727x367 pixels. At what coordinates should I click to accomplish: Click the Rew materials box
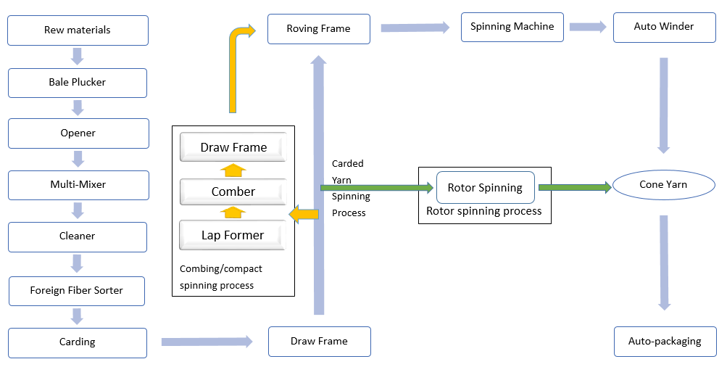78,30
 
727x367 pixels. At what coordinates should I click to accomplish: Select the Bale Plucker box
78,83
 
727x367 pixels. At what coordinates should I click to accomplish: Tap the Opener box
78,133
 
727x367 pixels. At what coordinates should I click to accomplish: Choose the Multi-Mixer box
78,185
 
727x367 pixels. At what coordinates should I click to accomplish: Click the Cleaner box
78,236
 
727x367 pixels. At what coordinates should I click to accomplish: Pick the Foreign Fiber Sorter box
77,290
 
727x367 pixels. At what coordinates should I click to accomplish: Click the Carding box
78,342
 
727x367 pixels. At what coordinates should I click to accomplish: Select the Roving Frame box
318,29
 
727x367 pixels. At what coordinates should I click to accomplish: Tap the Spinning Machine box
512,27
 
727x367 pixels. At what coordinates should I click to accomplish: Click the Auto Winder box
664,27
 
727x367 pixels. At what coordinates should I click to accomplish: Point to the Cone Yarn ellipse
663,185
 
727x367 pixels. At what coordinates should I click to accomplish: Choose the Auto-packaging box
664,342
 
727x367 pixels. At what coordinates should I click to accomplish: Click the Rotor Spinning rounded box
485,188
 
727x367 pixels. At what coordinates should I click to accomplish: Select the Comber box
233,192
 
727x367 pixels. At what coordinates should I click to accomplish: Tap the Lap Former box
233,235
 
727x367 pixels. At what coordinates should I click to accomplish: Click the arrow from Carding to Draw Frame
207,342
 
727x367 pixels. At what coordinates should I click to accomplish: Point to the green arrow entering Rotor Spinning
377,188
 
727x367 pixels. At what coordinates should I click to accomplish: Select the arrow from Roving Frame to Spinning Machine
415,28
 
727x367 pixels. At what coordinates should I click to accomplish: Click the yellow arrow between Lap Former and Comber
233,213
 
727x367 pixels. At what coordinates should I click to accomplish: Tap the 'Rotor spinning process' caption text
484,211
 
